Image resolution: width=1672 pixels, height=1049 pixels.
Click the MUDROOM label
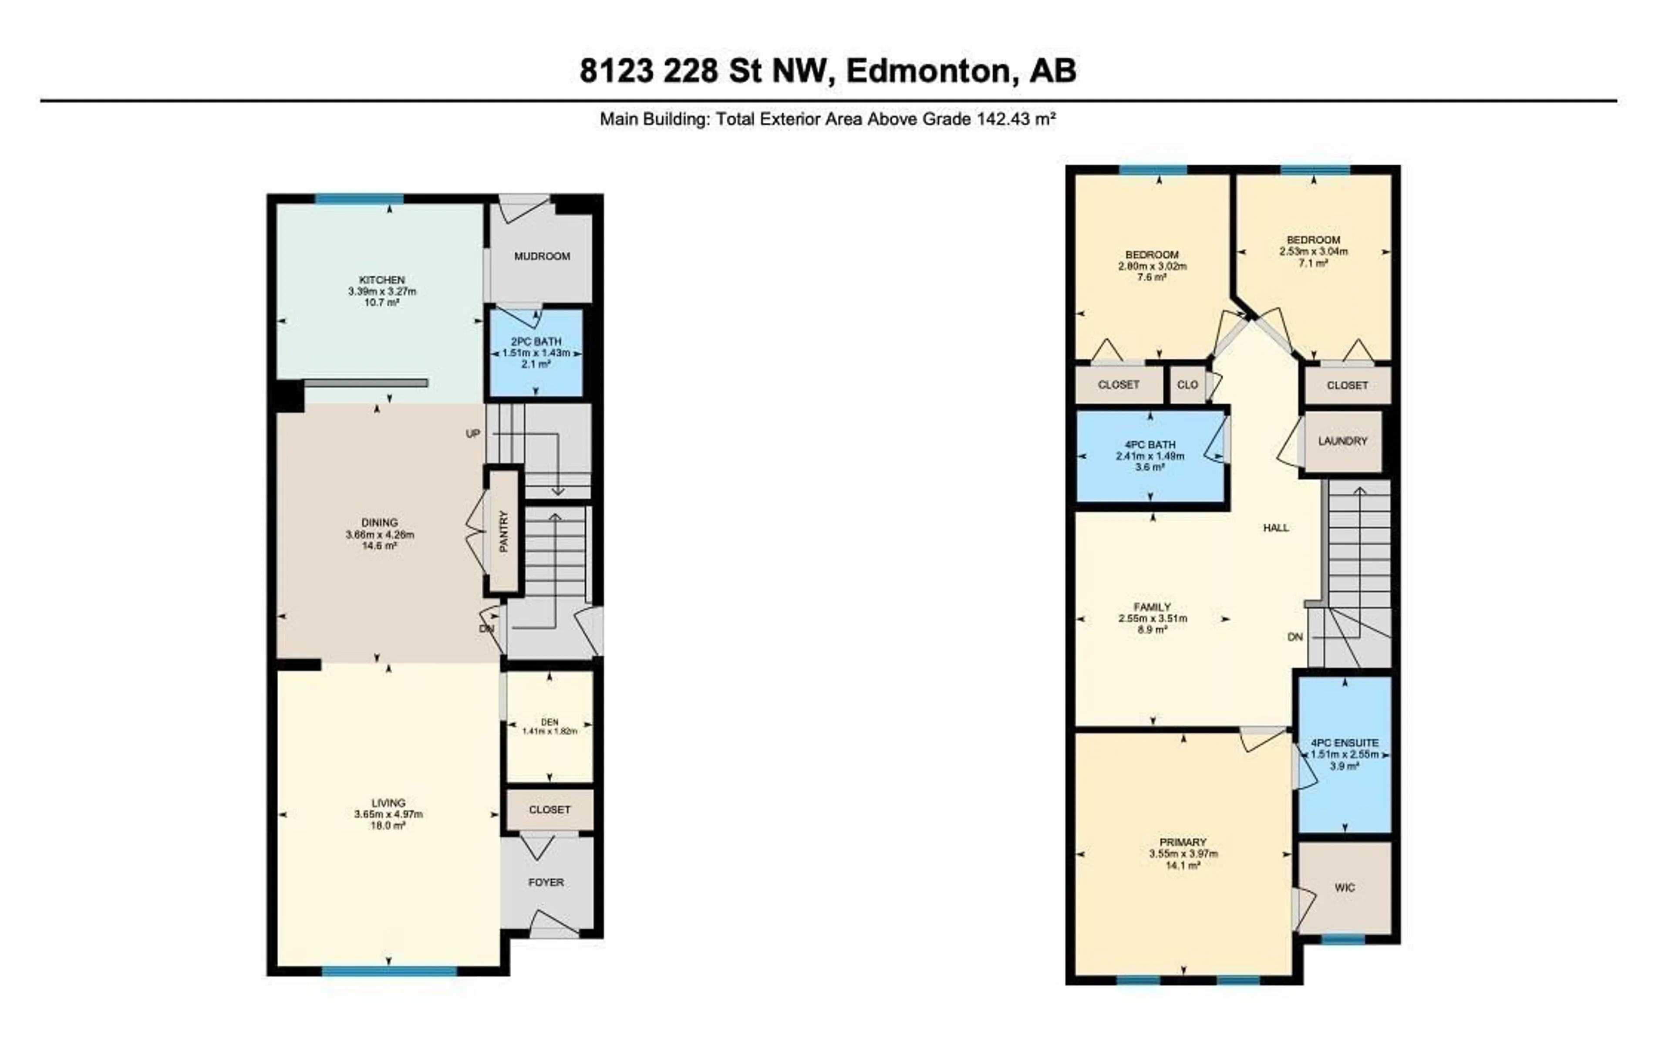[542, 256]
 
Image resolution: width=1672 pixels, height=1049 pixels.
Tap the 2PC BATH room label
[536, 341]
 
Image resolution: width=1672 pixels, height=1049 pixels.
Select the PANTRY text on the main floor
[504, 531]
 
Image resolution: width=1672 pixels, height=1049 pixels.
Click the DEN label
[549, 722]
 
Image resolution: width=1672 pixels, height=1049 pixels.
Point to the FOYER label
[546, 883]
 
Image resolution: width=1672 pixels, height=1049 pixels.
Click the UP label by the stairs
[472, 434]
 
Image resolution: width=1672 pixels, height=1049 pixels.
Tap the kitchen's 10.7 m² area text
[381, 303]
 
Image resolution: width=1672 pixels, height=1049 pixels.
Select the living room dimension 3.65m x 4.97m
[388, 814]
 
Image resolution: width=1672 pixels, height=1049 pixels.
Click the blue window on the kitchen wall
[359, 199]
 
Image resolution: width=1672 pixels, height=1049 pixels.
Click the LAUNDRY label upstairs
[1342, 441]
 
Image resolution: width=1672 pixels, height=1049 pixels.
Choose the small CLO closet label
[1187, 385]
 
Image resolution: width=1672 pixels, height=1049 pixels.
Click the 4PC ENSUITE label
[1345, 742]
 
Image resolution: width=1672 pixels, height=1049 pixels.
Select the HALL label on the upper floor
[1275, 528]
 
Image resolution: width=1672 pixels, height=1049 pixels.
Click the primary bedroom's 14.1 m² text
[1183, 865]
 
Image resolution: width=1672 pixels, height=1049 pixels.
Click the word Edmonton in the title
[927, 71]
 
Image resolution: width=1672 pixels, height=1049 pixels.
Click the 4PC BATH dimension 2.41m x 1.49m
[1149, 456]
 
